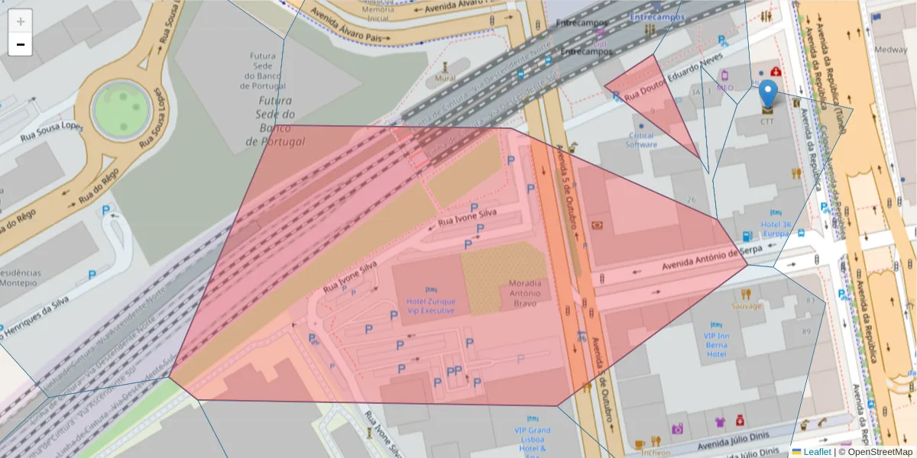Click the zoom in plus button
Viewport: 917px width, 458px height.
point(21,21)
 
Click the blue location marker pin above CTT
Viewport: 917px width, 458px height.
point(768,93)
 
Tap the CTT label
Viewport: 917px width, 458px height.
point(767,121)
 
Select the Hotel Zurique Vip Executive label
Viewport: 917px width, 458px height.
point(430,305)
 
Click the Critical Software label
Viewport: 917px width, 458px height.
point(641,140)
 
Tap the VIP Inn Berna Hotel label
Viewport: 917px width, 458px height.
point(716,344)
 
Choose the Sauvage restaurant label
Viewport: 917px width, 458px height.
point(746,306)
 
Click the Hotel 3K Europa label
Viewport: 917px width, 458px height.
point(776,229)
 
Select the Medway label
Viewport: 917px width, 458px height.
point(891,50)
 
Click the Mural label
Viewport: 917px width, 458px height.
point(445,78)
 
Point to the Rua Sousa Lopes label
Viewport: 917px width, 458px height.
point(51,131)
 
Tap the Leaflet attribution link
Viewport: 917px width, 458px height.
point(816,451)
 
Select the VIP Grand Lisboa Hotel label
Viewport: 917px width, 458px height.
point(532,439)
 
